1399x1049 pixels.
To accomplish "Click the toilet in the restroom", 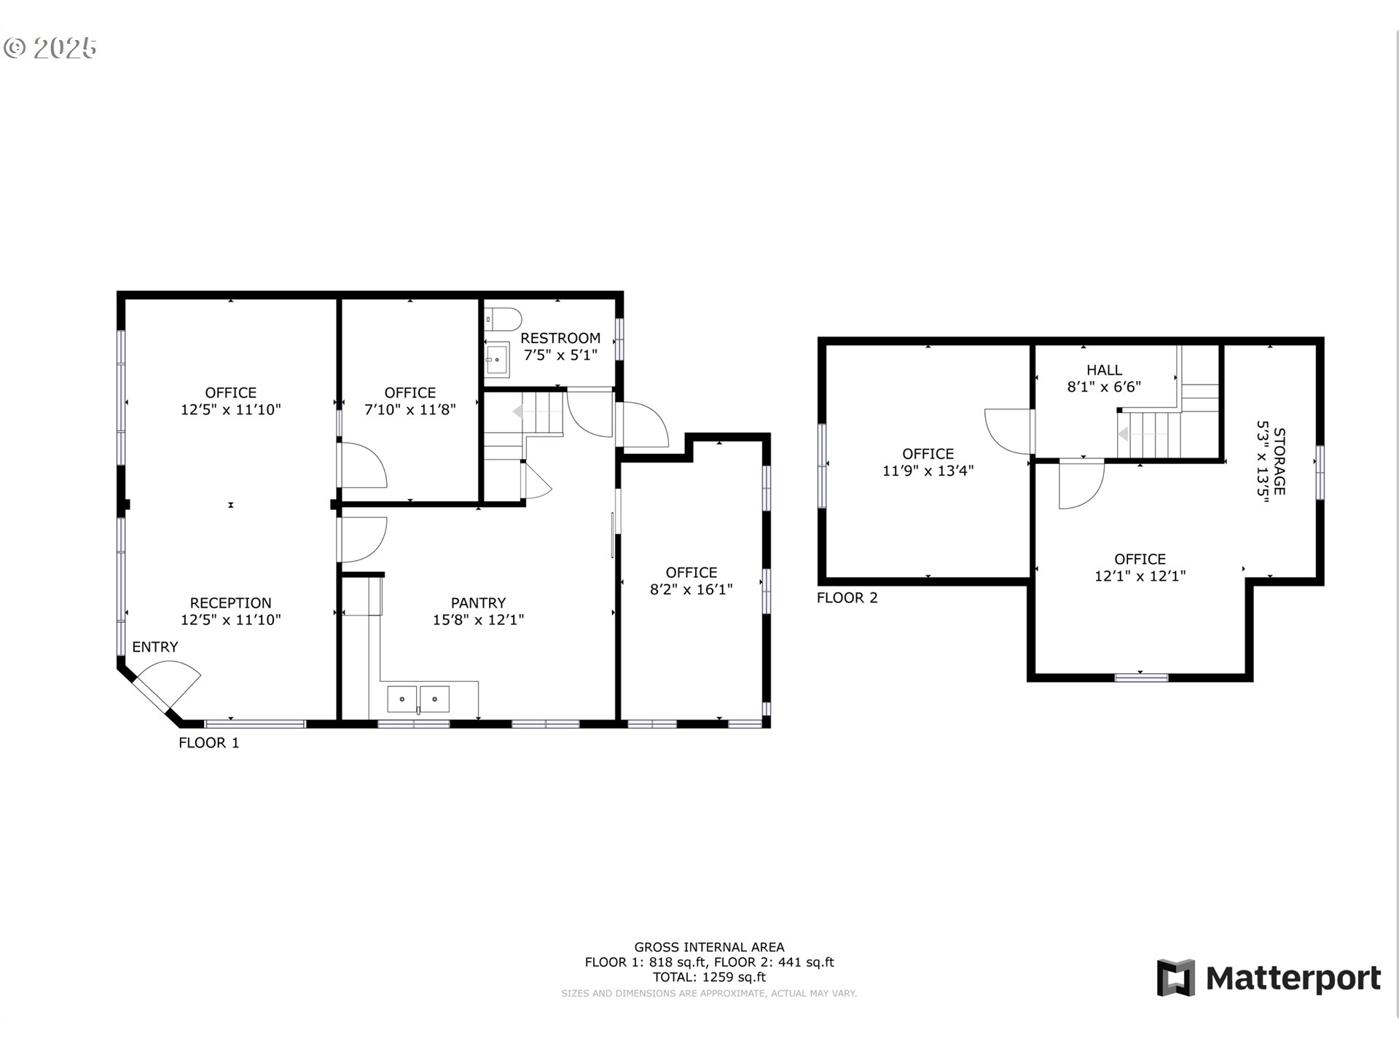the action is coord(503,319).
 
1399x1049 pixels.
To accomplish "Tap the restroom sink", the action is coord(498,359).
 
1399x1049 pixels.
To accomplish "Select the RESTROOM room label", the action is coord(560,338).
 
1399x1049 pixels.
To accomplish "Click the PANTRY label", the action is coord(478,603).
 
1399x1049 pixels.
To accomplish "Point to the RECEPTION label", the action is coord(230,603).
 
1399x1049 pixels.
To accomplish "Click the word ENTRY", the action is coord(154,647).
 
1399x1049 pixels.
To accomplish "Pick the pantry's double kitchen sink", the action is coord(418,699).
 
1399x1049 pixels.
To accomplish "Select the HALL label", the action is coord(1104,370).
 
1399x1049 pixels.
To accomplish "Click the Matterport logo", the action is coord(1269,978).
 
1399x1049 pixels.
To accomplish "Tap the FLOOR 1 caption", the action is coord(208,743).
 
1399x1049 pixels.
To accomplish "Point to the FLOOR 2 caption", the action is coord(847,598).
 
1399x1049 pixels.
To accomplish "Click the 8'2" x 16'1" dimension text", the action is coord(691,589).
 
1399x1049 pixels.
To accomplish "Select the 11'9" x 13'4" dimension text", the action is coord(928,471).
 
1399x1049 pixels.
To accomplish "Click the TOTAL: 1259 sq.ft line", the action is coord(709,978).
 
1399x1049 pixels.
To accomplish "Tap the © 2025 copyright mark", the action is coord(50,48).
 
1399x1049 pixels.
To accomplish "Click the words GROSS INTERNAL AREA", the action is coord(709,947).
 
